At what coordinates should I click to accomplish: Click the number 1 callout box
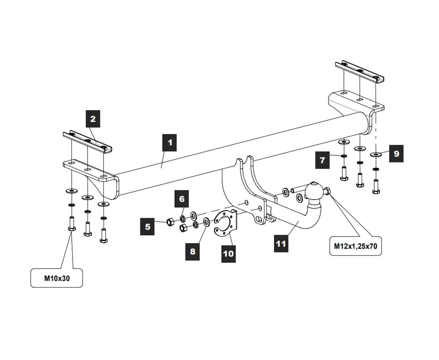pos(170,143)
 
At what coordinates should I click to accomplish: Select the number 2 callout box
pos(93,119)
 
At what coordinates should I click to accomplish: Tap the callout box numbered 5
pos(147,227)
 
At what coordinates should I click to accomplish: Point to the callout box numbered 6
pos(182,199)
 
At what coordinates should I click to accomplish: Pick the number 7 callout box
pos(322,160)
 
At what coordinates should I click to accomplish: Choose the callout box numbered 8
pos(192,252)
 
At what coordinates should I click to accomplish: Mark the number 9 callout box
pos(396,154)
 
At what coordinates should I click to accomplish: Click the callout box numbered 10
pos(228,254)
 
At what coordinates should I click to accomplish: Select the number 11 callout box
pos(281,243)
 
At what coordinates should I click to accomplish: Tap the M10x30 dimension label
pos(57,278)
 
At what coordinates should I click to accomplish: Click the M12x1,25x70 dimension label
pos(355,246)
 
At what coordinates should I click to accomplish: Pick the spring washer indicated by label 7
pos(344,156)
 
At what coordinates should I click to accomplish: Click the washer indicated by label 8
pos(206,221)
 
